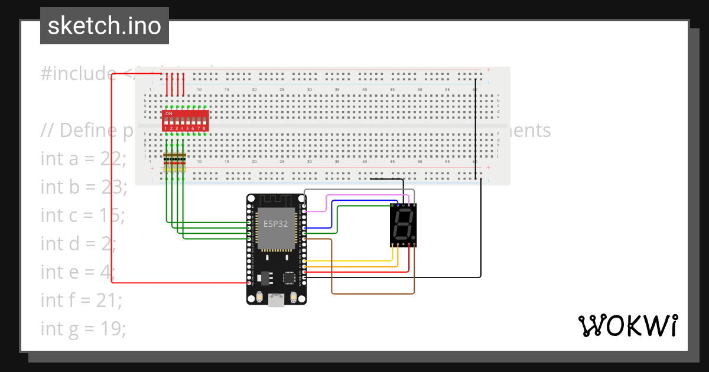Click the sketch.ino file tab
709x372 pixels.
point(104,26)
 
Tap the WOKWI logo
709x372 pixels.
point(627,325)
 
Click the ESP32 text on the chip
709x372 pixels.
point(276,224)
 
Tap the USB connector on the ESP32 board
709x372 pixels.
point(276,301)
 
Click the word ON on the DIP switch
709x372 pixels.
point(169,113)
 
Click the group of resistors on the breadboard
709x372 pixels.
point(174,162)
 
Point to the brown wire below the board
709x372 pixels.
point(372,293)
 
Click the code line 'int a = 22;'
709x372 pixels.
point(83,158)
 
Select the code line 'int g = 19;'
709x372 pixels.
point(83,328)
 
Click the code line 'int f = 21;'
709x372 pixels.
point(82,300)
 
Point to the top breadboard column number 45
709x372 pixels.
point(392,90)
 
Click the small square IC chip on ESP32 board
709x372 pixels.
point(290,278)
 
